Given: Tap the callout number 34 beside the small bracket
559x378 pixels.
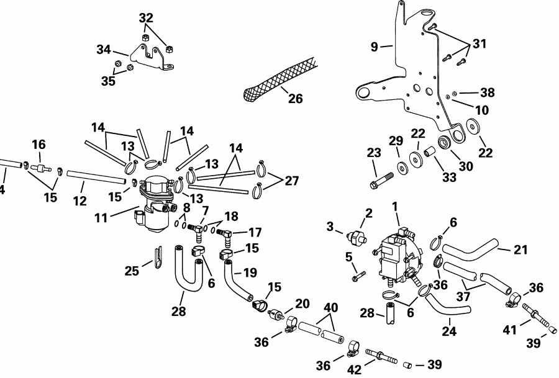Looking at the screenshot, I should click(104, 49).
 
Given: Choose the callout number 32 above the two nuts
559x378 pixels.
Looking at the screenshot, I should click(145, 17).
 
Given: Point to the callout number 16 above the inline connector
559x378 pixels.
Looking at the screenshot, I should click(39, 144).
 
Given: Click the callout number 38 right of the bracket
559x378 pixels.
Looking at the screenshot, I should click(488, 92).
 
